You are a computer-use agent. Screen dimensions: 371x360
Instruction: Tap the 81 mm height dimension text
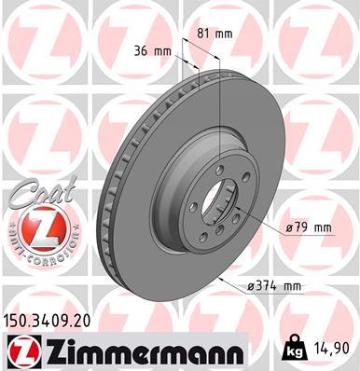click(x=215, y=34)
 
